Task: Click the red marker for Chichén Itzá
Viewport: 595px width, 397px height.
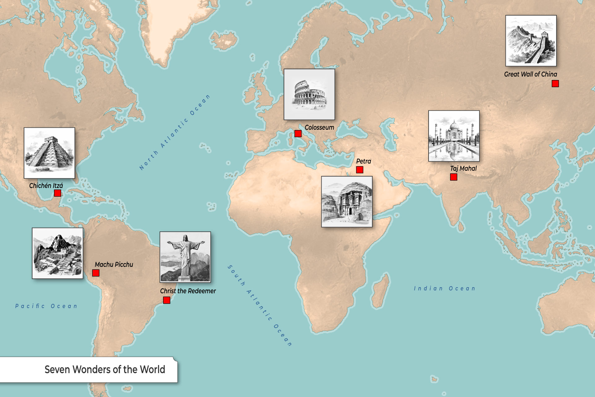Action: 57,193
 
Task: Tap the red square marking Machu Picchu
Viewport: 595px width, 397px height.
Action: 96,273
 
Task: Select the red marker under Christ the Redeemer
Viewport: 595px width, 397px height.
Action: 167,300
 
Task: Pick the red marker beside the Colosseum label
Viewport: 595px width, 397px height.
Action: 298,134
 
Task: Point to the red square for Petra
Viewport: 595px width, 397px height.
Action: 359,170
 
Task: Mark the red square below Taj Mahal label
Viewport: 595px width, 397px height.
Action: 454,177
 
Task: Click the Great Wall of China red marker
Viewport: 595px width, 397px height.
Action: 555,83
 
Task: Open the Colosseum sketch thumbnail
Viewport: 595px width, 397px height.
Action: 309,94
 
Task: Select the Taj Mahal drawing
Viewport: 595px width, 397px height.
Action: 454,136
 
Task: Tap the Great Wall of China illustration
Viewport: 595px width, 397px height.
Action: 531,41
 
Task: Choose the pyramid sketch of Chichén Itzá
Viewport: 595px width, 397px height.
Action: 50,153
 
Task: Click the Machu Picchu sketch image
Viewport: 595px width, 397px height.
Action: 58,253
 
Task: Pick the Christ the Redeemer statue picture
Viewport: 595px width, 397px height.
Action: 185,257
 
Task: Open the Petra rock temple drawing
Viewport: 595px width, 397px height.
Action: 347,202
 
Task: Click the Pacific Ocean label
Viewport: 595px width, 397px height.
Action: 46,306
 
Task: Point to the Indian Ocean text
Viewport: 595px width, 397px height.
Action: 444,288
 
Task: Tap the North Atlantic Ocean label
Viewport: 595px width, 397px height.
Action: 175,132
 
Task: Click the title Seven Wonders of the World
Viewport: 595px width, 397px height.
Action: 105,370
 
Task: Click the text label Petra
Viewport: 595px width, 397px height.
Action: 364,161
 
